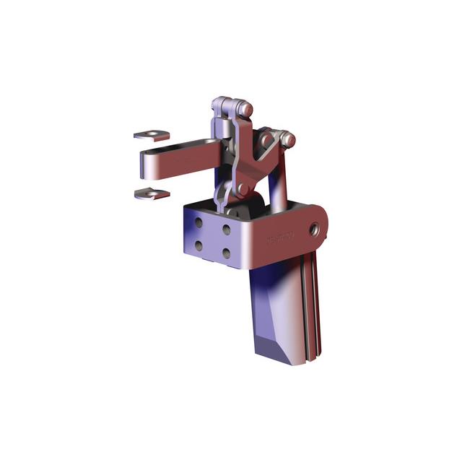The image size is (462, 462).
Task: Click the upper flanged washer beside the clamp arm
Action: point(152,134)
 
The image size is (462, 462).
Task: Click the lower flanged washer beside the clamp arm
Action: point(152,193)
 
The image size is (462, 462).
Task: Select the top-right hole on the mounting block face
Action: point(226,230)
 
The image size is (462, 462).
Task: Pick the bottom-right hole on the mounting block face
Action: point(226,253)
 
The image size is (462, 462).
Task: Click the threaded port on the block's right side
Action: point(315,229)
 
